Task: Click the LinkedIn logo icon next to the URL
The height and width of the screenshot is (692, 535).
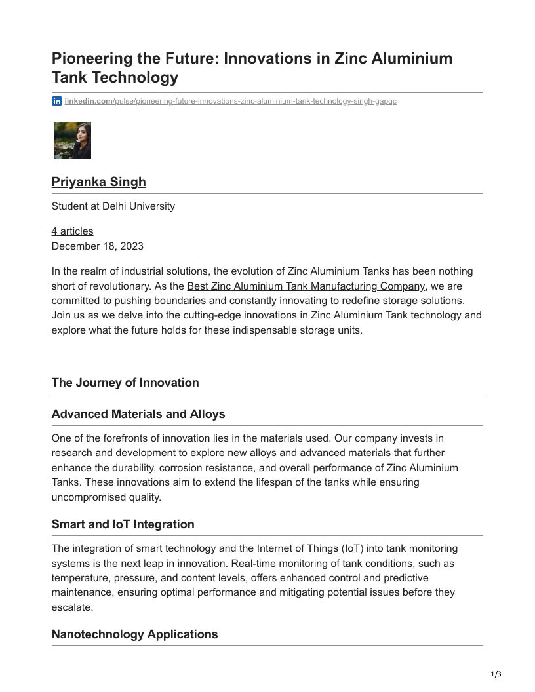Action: point(57,101)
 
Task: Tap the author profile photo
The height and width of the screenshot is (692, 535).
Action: point(73,140)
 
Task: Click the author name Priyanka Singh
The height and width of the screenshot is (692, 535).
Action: point(99,182)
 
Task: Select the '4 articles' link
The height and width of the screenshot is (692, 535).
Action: point(72,231)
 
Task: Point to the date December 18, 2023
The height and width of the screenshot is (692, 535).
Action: point(98,246)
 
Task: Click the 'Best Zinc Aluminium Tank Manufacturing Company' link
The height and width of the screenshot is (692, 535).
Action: point(306,286)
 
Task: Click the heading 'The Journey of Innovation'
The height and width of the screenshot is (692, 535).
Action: point(125,383)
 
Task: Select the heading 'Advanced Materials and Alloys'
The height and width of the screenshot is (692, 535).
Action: point(138,414)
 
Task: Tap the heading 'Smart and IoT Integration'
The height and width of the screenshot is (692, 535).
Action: point(123,524)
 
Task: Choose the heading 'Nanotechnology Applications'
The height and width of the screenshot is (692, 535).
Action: point(135,634)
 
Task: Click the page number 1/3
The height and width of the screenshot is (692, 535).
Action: point(496,674)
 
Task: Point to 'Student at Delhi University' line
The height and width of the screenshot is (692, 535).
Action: point(113,206)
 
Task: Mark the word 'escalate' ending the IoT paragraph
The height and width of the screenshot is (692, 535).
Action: point(71,607)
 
